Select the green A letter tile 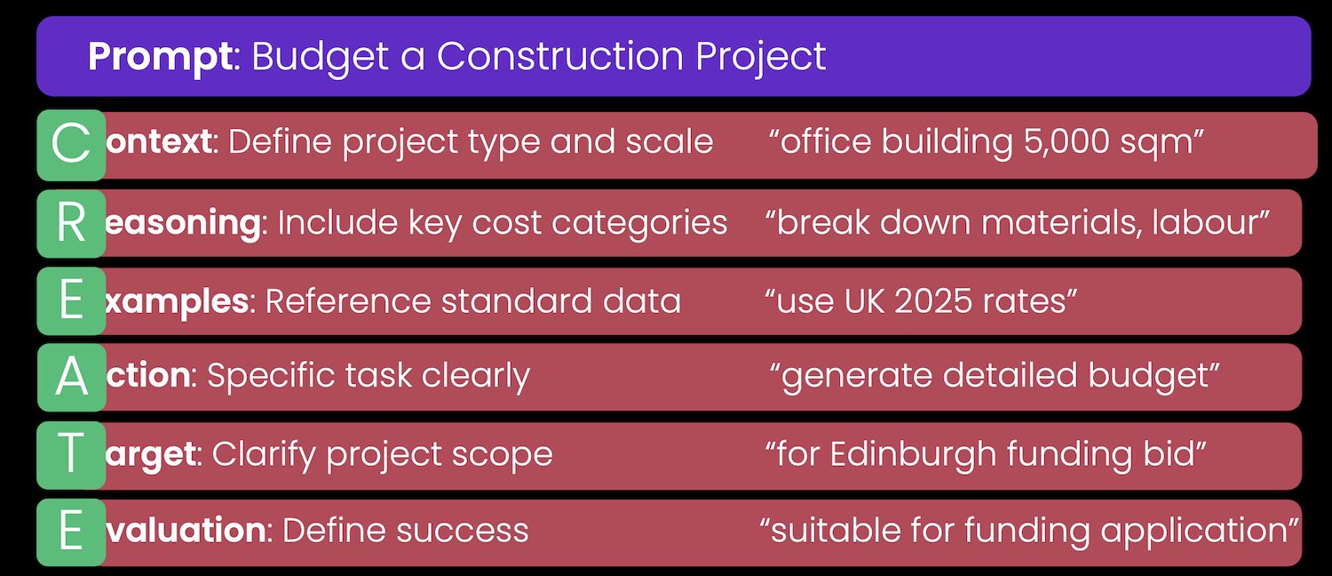(x=71, y=378)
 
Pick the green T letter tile (x=71, y=455)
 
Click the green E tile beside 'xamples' (x=71, y=302)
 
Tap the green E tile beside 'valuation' (x=71, y=532)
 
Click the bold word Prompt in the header (x=160, y=57)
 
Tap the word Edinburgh (x=915, y=455)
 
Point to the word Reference (x=345, y=302)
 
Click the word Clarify (x=263, y=455)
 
